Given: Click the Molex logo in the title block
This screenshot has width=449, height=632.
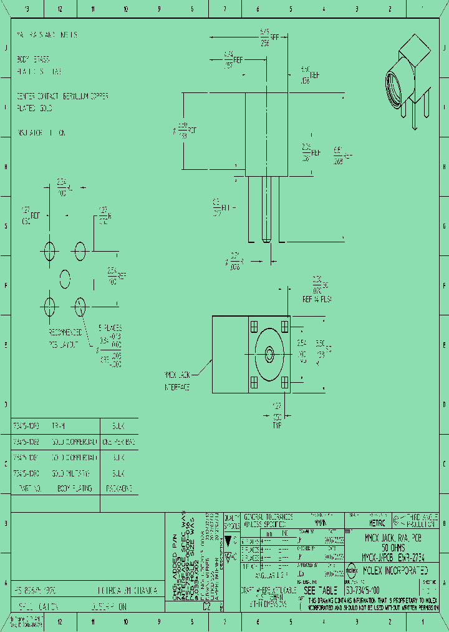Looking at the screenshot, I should tap(350, 570).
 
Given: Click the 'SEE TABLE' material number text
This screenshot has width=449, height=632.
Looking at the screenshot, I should tap(321, 590).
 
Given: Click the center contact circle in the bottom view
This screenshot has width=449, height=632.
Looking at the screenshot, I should tap(269, 354).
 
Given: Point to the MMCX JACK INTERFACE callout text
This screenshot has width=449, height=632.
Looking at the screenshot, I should tap(177, 381).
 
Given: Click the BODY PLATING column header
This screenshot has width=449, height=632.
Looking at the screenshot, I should tap(74, 488).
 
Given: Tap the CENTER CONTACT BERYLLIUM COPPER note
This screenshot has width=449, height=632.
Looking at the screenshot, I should tap(63, 96).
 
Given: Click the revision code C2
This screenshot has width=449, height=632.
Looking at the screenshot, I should tap(206, 606).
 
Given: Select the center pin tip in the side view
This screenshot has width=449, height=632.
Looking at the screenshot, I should tap(266, 240).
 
